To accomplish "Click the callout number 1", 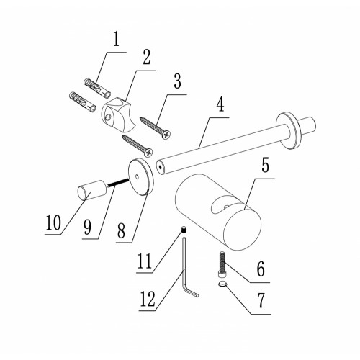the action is pyautogui.click(x=117, y=40).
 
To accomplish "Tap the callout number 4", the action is pyautogui.click(x=220, y=105).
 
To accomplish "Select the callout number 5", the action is pyautogui.click(x=265, y=166).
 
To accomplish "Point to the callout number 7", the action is pyautogui.click(x=261, y=300).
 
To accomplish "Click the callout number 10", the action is pyautogui.click(x=53, y=222).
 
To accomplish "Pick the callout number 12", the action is pyautogui.click(x=148, y=299).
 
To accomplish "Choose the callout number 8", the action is pyautogui.click(x=121, y=230).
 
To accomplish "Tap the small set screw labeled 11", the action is pyautogui.click(x=184, y=230).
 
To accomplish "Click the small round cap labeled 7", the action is pyautogui.click(x=222, y=284).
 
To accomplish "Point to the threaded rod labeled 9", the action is pyautogui.click(x=118, y=182).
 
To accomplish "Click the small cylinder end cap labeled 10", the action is pyautogui.click(x=91, y=190).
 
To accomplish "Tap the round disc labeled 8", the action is pyautogui.click(x=140, y=177).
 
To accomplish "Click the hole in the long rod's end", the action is pyautogui.click(x=160, y=167).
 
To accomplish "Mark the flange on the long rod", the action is pyautogui.click(x=288, y=131).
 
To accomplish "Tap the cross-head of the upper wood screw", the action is pyautogui.click(x=166, y=135).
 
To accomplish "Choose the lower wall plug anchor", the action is pyautogui.click(x=82, y=102).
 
